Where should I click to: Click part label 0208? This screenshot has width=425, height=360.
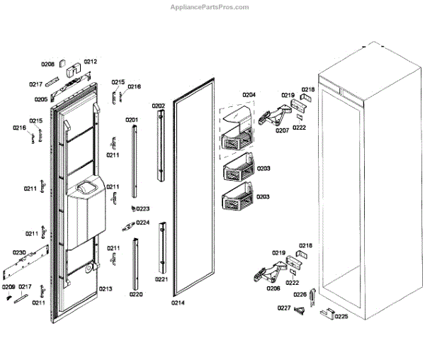click(x=47, y=64)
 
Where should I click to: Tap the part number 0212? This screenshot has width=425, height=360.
click(x=90, y=61)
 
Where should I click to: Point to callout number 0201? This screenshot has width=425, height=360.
click(x=132, y=120)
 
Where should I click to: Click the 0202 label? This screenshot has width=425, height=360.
click(x=158, y=106)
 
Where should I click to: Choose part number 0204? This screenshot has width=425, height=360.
click(x=249, y=94)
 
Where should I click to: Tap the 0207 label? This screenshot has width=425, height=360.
click(x=282, y=130)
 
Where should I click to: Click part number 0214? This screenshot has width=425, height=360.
click(x=178, y=303)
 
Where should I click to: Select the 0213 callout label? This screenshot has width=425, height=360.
click(x=106, y=289)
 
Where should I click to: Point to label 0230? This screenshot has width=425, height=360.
click(x=19, y=253)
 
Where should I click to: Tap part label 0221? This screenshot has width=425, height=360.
click(x=161, y=279)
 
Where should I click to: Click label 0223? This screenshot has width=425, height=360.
click(x=143, y=208)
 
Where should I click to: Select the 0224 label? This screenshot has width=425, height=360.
click(x=143, y=223)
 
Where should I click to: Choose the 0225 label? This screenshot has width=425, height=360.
click(x=341, y=316)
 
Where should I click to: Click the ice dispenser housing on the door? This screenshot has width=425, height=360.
click(x=85, y=213)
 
